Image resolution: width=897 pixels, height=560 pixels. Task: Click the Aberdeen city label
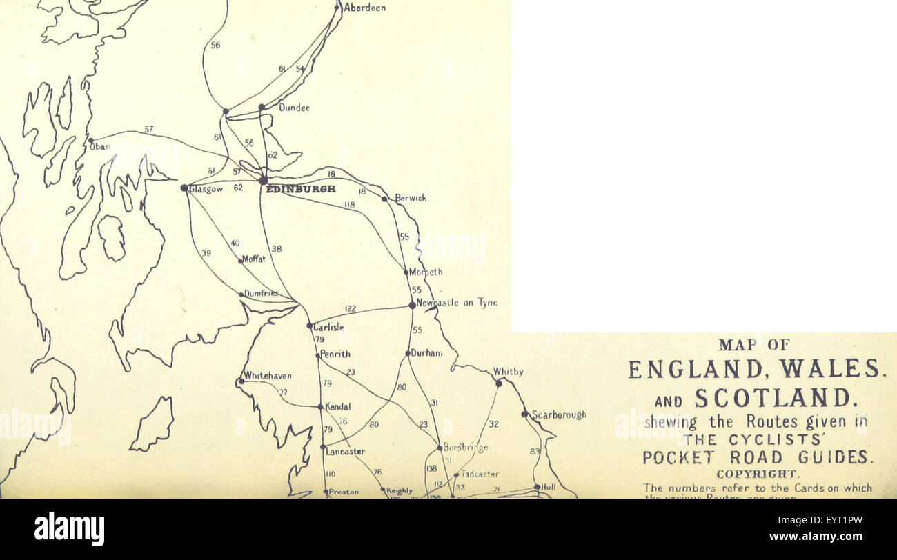click(x=364, y=8)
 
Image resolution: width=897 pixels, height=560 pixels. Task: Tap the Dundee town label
click(x=294, y=108)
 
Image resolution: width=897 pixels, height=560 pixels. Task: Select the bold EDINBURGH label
click(x=301, y=188)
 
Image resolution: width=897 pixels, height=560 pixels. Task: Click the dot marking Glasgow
click(x=184, y=188)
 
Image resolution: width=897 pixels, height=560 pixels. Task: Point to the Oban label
click(x=100, y=146)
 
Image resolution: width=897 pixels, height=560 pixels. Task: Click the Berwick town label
click(x=411, y=198)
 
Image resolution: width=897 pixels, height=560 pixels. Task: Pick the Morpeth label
click(x=426, y=272)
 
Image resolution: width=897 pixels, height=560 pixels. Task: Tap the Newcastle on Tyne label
click(x=457, y=303)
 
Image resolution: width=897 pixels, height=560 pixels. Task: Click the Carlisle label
click(x=328, y=327)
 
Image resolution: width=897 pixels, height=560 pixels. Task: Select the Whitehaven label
click(x=268, y=376)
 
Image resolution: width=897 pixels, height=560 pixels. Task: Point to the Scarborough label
click(x=558, y=414)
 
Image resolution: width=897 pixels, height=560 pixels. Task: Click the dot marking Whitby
click(x=499, y=383)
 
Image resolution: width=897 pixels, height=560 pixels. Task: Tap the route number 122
click(x=351, y=309)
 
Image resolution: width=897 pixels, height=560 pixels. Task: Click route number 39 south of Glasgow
click(x=206, y=253)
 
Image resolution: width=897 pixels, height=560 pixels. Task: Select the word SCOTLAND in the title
click(x=774, y=398)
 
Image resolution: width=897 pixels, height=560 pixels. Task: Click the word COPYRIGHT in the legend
click(x=758, y=474)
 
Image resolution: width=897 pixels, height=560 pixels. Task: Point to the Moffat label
click(x=253, y=259)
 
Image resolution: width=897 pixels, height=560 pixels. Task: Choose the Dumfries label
click(x=262, y=293)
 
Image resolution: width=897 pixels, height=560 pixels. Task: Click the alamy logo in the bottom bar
click(x=69, y=529)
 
